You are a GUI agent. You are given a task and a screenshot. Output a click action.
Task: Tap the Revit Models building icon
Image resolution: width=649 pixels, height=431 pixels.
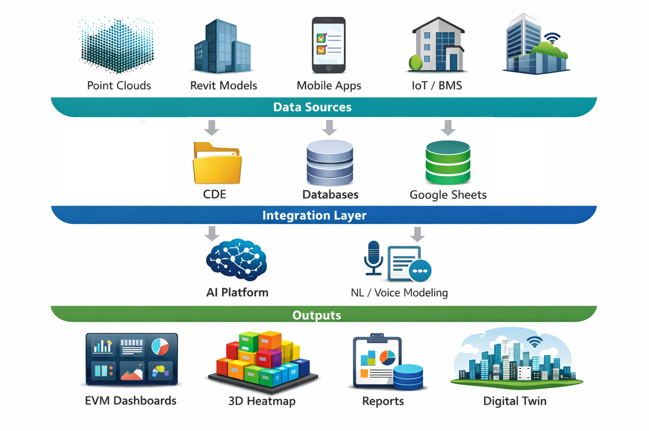[222, 47]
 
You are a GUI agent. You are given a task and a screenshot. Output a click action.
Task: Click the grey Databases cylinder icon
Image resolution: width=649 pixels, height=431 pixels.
[330, 163]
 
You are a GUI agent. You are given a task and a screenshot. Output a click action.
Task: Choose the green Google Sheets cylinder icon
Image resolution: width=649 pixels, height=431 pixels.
[448, 163]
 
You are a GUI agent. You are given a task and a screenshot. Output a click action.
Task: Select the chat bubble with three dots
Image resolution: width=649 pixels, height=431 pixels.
[420, 271]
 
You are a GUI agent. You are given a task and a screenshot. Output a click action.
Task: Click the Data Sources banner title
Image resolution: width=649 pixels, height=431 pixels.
[312, 107]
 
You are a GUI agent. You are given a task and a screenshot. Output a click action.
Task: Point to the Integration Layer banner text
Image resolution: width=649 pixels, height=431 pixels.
[314, 215]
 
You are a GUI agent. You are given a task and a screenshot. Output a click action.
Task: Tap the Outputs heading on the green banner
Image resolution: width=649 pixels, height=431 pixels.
[317, 315]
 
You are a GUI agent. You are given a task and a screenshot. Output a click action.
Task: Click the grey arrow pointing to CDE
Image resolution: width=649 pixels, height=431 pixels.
[212, 127]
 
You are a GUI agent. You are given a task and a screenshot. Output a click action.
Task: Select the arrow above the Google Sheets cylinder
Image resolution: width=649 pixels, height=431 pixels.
[448, 127]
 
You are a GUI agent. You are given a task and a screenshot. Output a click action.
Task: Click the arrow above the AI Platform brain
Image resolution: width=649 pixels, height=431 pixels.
[212, 233]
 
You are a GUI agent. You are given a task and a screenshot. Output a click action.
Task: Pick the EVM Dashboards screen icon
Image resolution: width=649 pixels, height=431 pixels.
[132, 359]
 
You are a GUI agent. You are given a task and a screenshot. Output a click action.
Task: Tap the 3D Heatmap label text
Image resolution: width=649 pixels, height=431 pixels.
[262, 401]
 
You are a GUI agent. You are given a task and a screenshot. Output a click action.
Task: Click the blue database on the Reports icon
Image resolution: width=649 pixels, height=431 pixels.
[408, 377]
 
